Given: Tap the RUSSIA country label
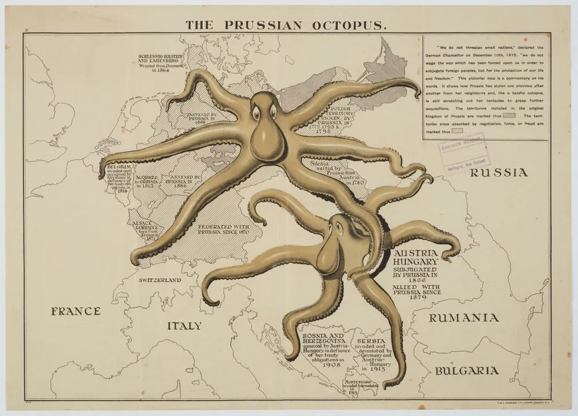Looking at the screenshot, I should pos(498,172).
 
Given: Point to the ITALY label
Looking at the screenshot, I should pos(184,325).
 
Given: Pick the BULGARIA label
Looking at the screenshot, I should pos(466,370).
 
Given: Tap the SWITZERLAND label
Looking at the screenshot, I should pos(160,280).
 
